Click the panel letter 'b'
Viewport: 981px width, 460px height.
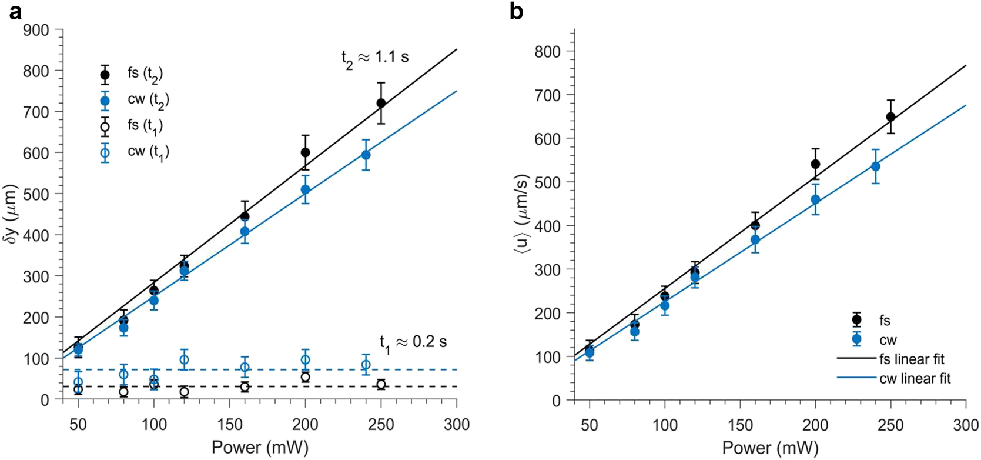tap(516, 12)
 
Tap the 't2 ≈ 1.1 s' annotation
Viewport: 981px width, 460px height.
tap(375, 58)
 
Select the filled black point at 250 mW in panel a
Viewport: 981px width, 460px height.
tap(381, 104)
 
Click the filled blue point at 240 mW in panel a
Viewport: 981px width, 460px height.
tap(366, 155)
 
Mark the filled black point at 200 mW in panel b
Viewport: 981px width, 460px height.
tap(815, 164)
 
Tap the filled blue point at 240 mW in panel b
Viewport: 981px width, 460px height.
tap(876, 167)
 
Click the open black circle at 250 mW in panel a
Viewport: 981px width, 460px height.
tap(381, 385)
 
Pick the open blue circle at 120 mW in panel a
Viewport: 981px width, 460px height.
tap(184, 360)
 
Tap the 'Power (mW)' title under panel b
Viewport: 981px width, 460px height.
tap(770, 448)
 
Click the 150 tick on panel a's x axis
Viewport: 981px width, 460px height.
tap(229, 424)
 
